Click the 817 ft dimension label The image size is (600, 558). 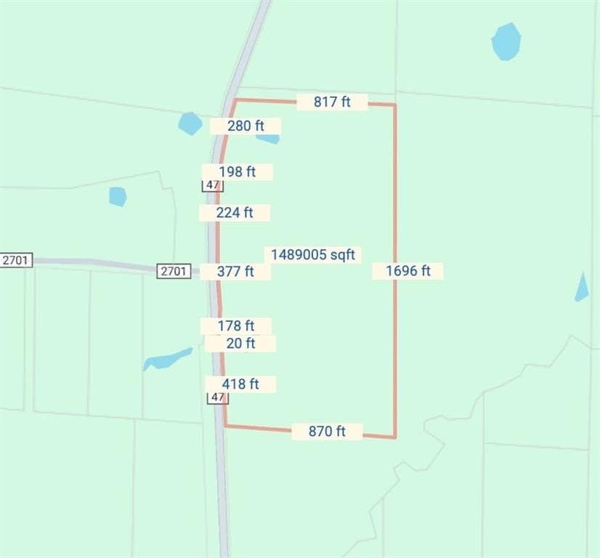coord(332,102)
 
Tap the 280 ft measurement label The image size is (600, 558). coord(246,126)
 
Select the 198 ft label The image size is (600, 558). coord(238,172)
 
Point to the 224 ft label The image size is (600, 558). coord(235,213)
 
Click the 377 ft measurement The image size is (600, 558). coord(235,272)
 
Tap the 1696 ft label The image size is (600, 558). coord(408,271)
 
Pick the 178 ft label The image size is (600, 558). coord(236,326)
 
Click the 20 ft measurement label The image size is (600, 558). coord(240,343)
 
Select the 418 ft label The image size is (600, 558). coord(240,384)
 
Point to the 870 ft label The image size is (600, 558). coord(327,432)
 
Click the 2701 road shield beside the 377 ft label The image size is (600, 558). coord(174,271)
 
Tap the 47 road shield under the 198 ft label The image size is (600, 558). coord(212,185)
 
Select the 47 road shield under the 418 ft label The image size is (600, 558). coord(217,397)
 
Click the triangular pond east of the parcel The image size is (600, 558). coord(582,289)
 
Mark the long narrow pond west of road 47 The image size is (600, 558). coord(167,359)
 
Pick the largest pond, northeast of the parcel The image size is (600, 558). coord(506,41)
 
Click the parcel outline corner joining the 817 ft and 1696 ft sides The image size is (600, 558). coord(395,105)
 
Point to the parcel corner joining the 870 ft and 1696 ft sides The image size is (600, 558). coord(395,438)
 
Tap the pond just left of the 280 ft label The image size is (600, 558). coord(190,124)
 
